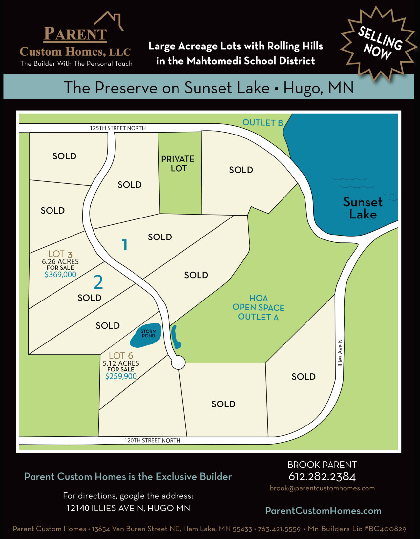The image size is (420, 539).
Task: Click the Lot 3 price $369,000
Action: coord(60,275)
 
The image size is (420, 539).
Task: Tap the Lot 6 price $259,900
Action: coord(121,376)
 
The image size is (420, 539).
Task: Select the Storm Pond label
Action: coord(148,334)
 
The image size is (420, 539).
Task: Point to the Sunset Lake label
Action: coord(363,208)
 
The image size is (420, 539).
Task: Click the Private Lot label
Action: coord(178,164)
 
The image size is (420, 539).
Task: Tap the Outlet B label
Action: coord(262,123)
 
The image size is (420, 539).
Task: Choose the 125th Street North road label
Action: coord(118,128)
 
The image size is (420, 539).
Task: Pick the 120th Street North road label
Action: coord(152,440)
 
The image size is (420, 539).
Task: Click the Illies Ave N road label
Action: coord(340,353)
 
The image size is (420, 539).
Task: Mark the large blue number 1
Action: coord(124,245)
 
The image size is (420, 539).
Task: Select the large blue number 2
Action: coord(98,282)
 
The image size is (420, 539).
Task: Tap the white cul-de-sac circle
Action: coord(178,363)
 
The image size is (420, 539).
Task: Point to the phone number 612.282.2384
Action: coord(322,476)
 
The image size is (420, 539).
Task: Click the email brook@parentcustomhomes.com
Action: coord(322,488)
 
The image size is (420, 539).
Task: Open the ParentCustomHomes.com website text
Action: coord(323,511)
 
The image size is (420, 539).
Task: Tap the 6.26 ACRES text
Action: coord(60,262)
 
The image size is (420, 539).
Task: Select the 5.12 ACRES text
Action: coord(121,363)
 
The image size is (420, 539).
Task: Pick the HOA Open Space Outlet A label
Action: coord(258,307)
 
